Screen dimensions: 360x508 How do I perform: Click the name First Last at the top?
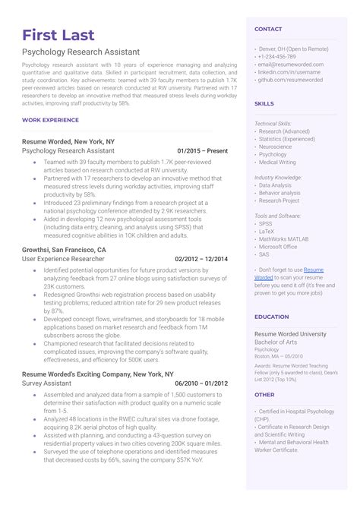click(x=58, y=36)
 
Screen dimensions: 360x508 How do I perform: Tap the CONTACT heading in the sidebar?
click(x=268, y=29)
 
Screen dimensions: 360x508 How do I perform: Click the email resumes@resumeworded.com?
click(x=291, y=65)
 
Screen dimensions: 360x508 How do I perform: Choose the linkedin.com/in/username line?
click(x=289, y=71)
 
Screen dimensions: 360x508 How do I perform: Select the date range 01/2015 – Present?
click(x=202, y=151)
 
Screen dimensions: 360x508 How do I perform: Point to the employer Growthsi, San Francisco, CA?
click(x=64, y=249)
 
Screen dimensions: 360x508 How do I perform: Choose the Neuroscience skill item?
click(x=276, y=147)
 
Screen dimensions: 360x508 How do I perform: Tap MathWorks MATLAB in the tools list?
click(x=287, y=238)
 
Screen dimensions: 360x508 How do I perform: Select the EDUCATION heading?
click(x=271, y=317)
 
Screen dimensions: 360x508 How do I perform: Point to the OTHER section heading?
click(x=264, y=395)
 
